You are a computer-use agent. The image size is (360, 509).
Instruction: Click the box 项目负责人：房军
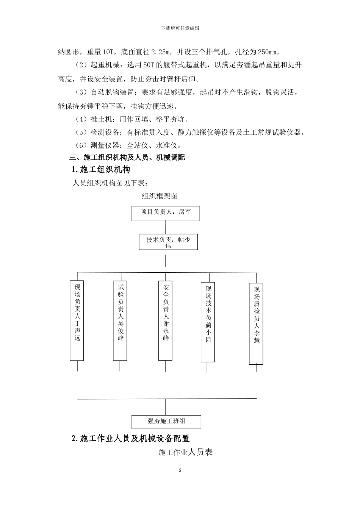click(166, 214)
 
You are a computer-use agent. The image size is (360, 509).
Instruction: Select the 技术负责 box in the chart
click(168, 242)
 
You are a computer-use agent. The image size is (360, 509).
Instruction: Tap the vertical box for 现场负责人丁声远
click(77, 320)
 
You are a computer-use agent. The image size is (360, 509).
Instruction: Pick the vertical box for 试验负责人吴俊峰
click(120, 320)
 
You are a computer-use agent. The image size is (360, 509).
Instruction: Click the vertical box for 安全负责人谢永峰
click(165, 320)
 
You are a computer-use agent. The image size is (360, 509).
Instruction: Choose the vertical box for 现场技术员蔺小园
click(208, 322)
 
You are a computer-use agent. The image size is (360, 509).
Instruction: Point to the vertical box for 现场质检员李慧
click(256, 323)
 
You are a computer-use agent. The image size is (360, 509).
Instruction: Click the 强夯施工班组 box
click(166, 422)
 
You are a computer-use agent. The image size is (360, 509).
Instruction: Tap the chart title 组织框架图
click(160, 196)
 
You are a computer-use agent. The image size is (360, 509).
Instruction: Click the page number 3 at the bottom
click(180, 471)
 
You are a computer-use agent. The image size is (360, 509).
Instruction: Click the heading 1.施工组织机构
click(100, 170)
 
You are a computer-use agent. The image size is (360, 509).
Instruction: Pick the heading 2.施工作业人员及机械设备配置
click(130, 439)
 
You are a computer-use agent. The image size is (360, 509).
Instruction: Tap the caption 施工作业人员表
click(186, 452)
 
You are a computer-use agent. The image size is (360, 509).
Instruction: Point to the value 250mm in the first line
click(269, 52)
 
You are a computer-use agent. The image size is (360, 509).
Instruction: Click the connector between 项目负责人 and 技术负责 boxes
click(166, 227)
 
